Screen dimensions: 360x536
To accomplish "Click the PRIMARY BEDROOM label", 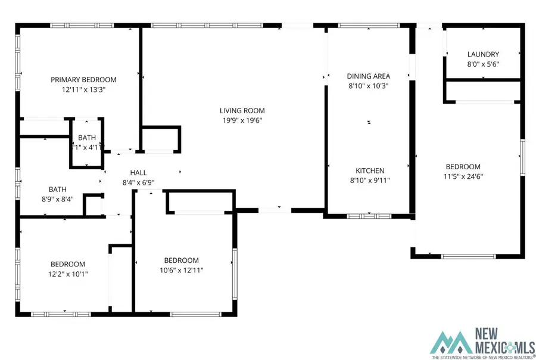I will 83,79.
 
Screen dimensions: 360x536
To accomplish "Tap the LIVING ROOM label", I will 242,110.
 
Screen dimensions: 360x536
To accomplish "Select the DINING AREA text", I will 369,76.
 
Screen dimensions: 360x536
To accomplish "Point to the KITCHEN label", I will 370,170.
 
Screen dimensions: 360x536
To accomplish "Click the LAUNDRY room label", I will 483,54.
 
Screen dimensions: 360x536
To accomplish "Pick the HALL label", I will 138,173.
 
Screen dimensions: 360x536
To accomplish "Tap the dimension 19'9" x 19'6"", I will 241,120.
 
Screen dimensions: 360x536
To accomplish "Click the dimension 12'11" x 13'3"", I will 83,89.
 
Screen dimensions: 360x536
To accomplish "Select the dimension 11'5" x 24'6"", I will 463,176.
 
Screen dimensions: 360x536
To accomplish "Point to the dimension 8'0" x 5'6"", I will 483,64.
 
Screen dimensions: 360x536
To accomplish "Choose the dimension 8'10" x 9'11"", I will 370,180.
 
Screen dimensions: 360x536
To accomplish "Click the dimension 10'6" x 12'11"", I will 182,270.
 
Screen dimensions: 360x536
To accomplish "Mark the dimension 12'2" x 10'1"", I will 67,274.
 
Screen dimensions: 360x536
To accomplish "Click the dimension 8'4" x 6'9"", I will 138,182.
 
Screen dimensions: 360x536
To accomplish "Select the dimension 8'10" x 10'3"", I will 369,85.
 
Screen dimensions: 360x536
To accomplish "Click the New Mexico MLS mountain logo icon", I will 450,342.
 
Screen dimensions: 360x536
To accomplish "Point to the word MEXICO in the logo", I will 494,346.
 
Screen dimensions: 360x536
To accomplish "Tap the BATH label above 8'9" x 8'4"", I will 57,190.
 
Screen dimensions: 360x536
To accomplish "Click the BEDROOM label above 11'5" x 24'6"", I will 463,166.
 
